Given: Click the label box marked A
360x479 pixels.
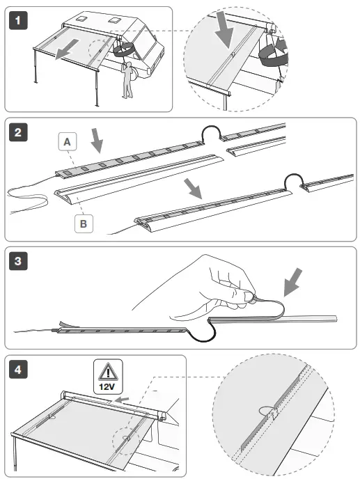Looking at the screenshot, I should [67, 142].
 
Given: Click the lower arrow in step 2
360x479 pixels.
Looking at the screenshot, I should [192, 188].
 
